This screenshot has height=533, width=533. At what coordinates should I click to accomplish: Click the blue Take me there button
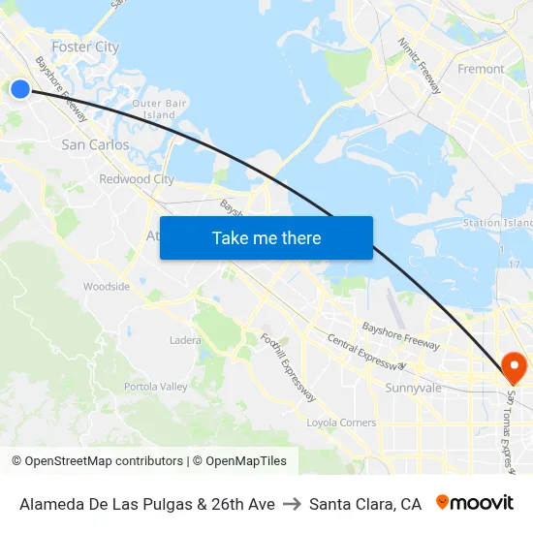point(266,237)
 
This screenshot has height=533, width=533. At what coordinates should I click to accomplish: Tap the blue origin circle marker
point(20,89)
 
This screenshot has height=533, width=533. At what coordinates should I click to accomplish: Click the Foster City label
point(85,47)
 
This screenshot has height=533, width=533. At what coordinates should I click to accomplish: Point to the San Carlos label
point(95,144)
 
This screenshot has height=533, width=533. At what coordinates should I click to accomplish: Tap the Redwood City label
point(137,179)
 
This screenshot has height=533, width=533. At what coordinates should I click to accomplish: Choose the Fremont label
point(481,69)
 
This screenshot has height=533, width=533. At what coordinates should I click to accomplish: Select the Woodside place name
point(107,287)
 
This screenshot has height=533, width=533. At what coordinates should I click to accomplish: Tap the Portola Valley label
point(156,387)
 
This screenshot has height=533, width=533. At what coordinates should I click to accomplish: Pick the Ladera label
point(185,340)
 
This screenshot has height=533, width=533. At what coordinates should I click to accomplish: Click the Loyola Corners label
point(341,423)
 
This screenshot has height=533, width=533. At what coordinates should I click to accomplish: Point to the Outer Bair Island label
point(160,109)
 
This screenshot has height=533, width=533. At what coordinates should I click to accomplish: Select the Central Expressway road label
point(366,353)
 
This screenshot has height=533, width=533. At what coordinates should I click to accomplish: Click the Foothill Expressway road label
point(288,367)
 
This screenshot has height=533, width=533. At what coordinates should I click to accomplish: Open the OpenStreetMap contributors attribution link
point(98,461)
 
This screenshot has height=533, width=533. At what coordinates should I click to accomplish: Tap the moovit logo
point(475,503)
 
